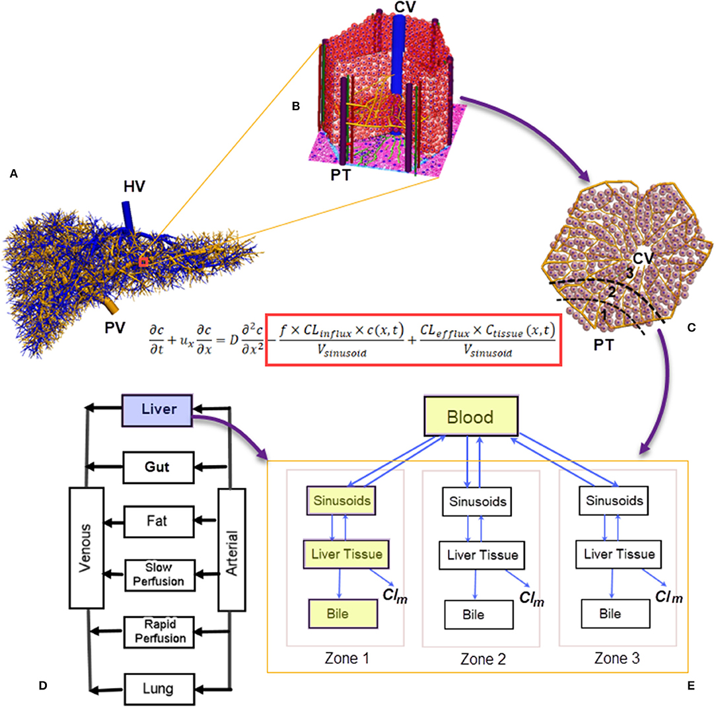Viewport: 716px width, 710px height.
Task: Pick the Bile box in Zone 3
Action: (610, 614)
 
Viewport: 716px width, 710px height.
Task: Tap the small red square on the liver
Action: (143, 262)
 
